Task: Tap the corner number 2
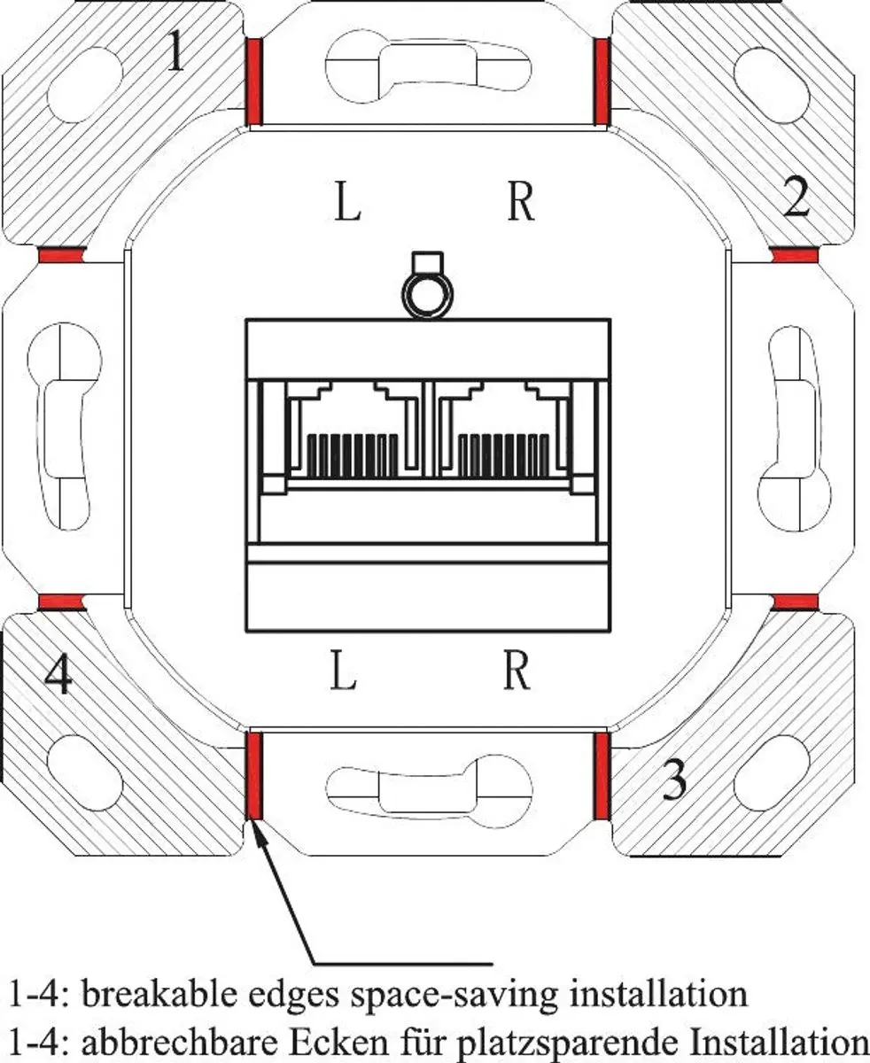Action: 797,197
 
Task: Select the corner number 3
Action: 674,780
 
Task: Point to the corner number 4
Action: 58,674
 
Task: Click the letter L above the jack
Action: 347,202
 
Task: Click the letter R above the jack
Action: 521,202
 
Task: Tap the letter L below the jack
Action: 343,671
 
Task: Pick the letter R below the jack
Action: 517,671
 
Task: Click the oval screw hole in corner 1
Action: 85,84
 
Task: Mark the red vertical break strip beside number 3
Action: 602,776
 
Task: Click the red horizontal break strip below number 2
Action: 795,254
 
